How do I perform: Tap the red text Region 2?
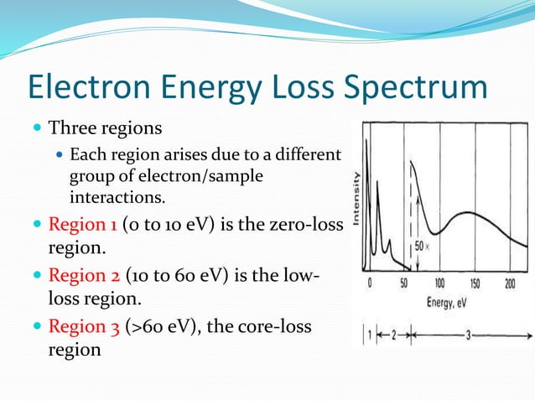click(84, 275)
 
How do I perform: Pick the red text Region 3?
click(84, 326)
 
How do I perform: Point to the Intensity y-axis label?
click(356, 198)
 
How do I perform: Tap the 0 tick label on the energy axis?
click(369, 284)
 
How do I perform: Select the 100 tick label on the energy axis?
click(439, 284)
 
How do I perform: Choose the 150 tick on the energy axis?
click(475, 284)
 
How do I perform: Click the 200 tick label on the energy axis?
click(510, 284)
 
